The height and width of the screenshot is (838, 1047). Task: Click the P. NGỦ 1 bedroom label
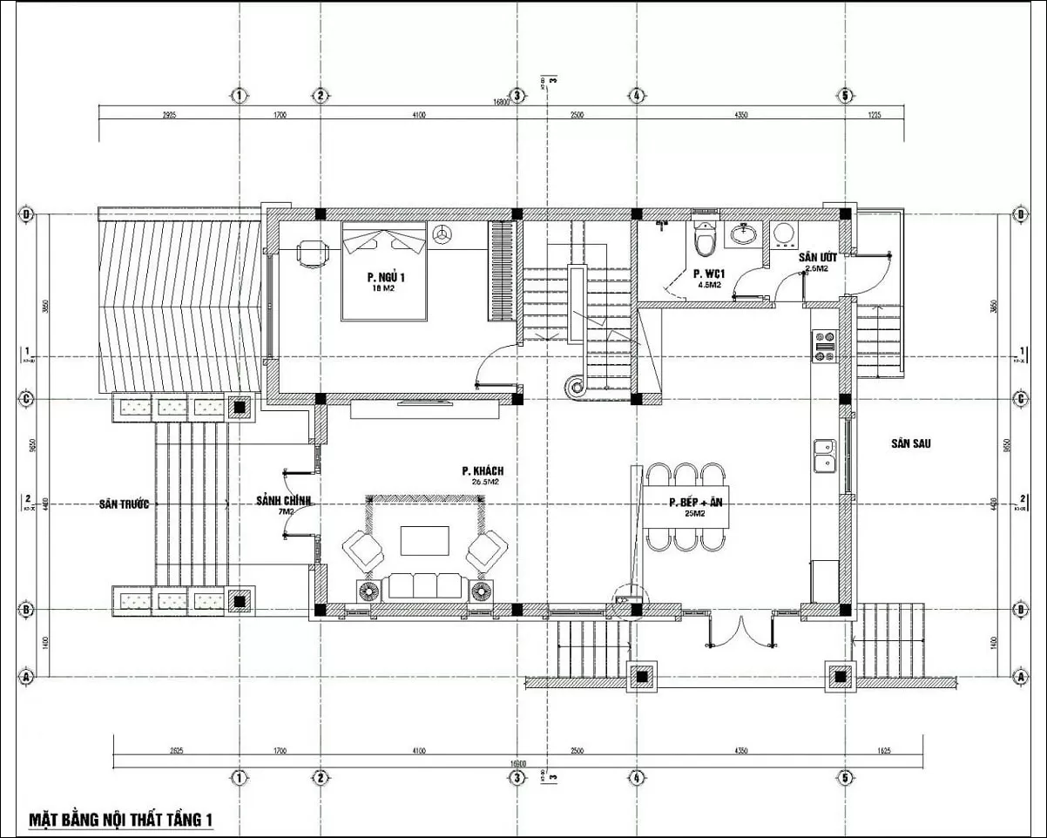386,278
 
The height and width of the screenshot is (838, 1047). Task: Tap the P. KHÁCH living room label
483,471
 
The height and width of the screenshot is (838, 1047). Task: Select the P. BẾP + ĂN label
696,503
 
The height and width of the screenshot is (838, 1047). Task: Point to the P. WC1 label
706,273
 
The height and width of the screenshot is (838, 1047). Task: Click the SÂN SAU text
911,443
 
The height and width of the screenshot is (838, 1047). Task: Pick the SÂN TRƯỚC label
124,504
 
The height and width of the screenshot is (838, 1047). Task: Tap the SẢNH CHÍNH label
283,501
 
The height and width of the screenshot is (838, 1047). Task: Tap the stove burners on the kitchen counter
823,345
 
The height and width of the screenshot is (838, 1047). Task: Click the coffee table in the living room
425,541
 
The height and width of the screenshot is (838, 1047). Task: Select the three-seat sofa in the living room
424,585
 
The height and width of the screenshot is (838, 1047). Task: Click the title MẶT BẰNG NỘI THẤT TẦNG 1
121,820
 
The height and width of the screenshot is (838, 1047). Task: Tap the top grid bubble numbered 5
844,95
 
